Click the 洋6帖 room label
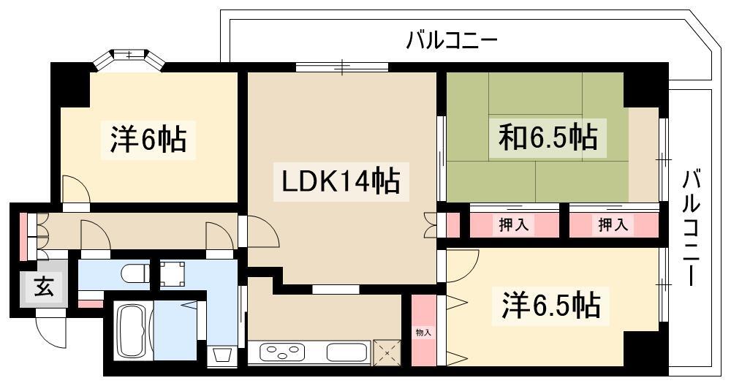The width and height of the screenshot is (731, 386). pyautogui.click(x=148, y=138)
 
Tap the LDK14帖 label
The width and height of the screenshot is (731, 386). pyautogui.click(x=341, y=181)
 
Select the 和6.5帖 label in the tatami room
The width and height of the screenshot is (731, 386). pyautogui.click(x=548, y=137)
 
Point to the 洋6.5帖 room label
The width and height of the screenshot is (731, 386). pyautogui.click(x=550, y=306)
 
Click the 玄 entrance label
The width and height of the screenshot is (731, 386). pyautogui.click(x=43, y=287)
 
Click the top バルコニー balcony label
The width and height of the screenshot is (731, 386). pyautogui.click(x=452, y=41)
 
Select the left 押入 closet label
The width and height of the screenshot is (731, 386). pyautogui.click(x=514, y=225)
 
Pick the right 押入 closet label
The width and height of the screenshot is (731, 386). pyautogui.click(x=613, y=225)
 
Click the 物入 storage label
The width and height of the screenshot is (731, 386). pyautogui.click(x=423, y=333)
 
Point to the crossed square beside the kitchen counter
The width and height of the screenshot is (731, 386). pyautogui.click(x=387, y=352)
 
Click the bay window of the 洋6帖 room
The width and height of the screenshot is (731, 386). pyautogui.click(x=128, y=58)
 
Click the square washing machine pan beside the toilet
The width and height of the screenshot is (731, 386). pyautogui.click(x=173, y=273)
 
